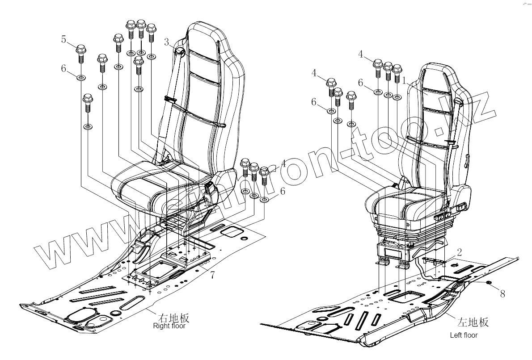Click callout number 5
(64, 40)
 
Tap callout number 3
(167, 42)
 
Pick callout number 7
(212, 275)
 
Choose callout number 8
(503, 293)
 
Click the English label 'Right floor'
(169, 326)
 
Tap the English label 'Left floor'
(464, 335)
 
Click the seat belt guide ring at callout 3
(181, 52)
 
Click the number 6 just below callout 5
(64, 68)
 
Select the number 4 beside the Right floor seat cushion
(284, 163)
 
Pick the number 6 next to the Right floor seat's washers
(282, 191)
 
